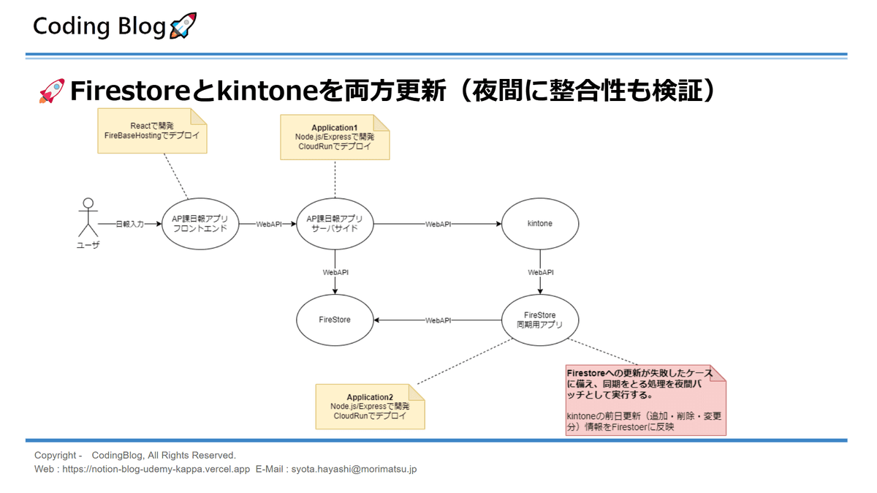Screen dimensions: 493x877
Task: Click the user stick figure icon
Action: pyautogui.click(x=88, y=217)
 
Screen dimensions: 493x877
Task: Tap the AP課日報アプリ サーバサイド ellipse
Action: pyautogui.click(x=335, y=224)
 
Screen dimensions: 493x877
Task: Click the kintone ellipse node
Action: pyautogui.click(x=540, y=224)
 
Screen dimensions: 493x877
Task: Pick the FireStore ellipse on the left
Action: pyautogui.click(x=335, y=320)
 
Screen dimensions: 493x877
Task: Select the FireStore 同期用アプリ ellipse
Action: pyautogui.click(x=540, y=320)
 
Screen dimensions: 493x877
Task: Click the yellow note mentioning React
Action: pyautogui.click(x=152, y=131)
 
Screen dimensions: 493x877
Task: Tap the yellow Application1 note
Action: pyautogui.click(x=335, y=137)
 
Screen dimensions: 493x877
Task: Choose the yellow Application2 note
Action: pyautogui.click(x=370, y=407)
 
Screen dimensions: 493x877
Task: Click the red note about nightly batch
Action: pyautogui.click(x=645, y=401)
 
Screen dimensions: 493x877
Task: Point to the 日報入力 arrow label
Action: pyautogui.click(x=129, y=225)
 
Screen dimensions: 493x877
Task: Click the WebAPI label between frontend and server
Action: pyautogui.click(x=269, y=225)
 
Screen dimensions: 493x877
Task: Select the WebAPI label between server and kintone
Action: pyautogui.click(x=438, y=225)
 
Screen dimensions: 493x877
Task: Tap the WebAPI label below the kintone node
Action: pyautogui.click(x=540, y=272)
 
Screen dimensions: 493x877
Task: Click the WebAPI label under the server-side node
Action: pyautogui.click(x=335, y=272)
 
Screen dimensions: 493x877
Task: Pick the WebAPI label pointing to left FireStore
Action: pyautogui.click(x=438, y=320)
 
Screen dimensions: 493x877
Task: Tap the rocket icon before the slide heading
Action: pyautogui.click(x=51, y=91)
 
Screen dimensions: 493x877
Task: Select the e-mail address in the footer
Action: pyautogui.click(x=354, y=469)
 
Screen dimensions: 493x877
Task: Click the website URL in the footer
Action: pyautogui.click(x=156, y=469)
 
